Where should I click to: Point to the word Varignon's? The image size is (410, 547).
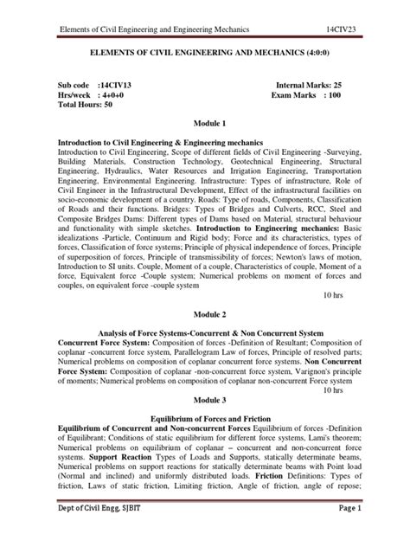click(x=296, y=356)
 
